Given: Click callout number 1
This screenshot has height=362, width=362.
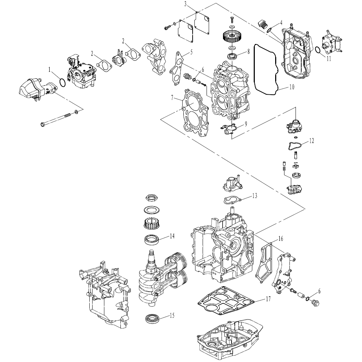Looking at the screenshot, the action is coord(49,69).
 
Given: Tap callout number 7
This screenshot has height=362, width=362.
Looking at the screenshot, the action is coord(172,97).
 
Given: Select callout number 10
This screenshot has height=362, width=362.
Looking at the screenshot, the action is coord(292,87).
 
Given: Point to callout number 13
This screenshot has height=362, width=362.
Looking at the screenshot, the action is coord(255,196).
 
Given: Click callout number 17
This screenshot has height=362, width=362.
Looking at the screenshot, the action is coord(268,299).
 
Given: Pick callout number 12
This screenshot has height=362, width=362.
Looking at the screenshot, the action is coord(312,140).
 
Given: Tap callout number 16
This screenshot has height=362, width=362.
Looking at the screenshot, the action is coord(281,238).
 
